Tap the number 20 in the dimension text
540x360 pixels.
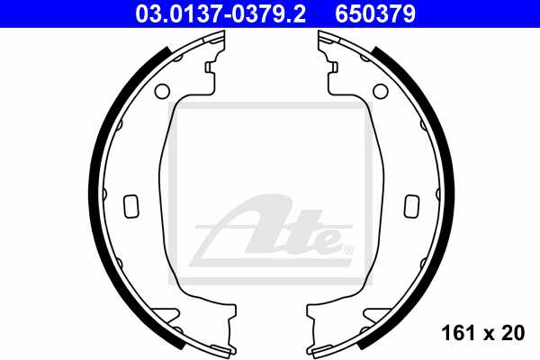tap(514, 334)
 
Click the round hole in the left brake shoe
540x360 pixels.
tap(162, 91)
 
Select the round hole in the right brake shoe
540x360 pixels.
tap(379, 91)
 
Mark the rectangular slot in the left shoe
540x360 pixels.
tap(131, 206)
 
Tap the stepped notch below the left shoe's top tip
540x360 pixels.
tap(211, 67)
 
